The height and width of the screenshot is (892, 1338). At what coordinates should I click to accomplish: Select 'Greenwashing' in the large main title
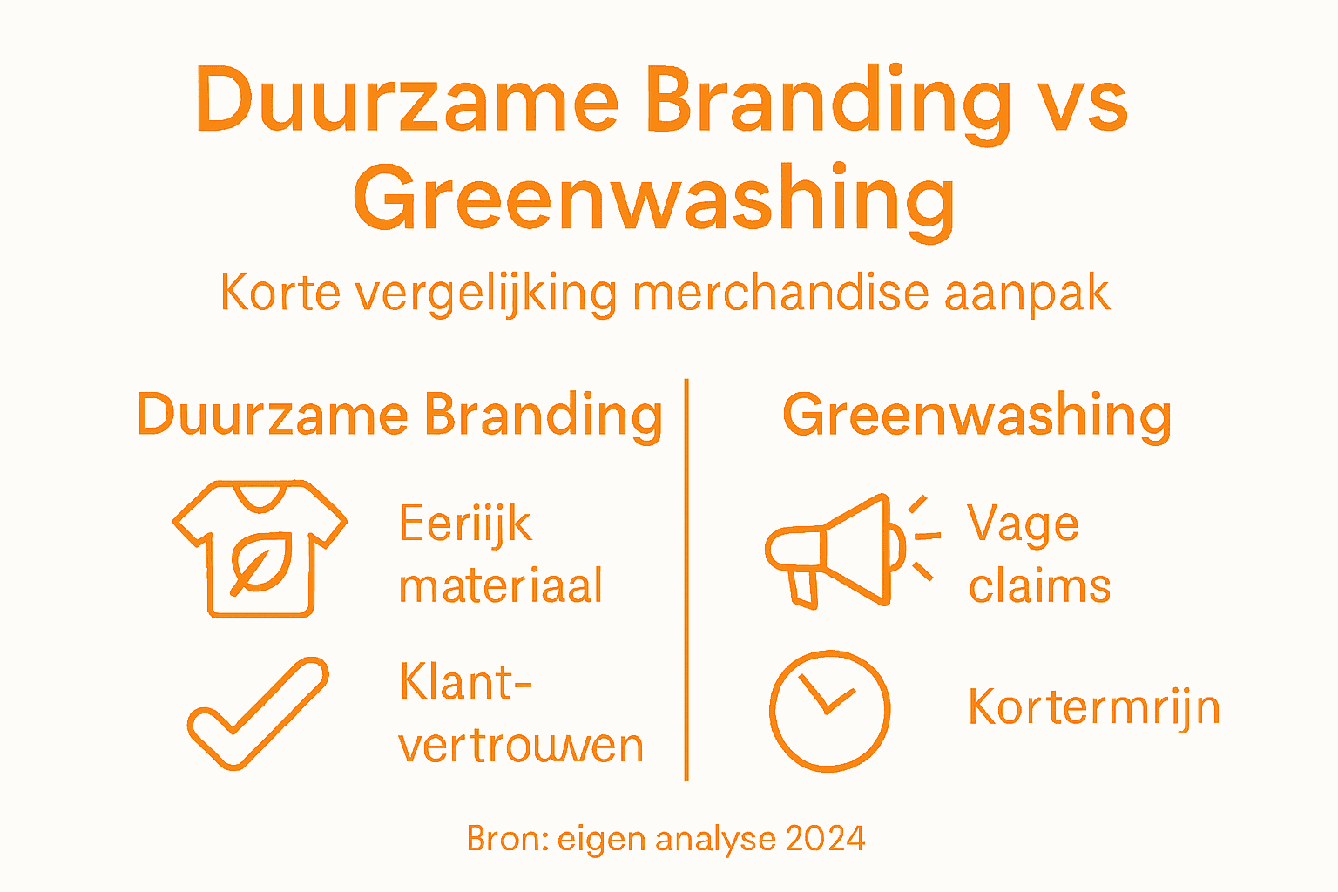click(654, 199)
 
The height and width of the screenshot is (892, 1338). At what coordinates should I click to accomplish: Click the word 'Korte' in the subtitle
click(280, 292)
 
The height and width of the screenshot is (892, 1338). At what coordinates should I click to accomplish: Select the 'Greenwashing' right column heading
click(976, 416)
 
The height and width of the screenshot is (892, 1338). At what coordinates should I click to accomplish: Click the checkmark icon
click(259, 713)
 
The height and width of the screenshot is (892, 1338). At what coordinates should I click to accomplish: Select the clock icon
click(830, 710)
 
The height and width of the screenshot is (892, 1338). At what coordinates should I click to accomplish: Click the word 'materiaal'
click(501, 585)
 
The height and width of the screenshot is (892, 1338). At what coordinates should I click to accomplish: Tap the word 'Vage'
click(1023, 524)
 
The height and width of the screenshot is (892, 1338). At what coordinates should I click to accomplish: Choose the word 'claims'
click(1039, 585)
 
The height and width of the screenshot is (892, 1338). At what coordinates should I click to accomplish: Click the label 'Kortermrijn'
click(1093, 706)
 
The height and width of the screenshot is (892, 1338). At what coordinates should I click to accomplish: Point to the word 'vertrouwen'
click(521, 745)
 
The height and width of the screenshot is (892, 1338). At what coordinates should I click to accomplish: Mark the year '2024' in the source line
click(825, 839)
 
